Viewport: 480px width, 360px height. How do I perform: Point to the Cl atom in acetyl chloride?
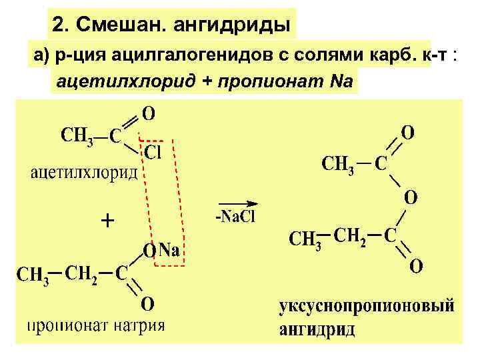coord(153,153)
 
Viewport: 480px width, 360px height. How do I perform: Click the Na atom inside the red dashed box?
coord(169,251)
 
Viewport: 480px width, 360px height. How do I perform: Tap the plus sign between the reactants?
coord(107,220)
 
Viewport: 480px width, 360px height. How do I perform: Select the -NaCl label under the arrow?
coord(235,217)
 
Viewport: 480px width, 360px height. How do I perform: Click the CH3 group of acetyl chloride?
coord(79,135)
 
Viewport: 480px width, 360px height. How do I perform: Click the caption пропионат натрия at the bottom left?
coord(95,327)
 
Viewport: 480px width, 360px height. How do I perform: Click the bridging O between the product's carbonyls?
coord(411,197)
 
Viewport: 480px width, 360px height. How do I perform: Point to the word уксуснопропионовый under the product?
coord(367,306)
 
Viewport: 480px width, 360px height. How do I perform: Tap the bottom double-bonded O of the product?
coord(415,266)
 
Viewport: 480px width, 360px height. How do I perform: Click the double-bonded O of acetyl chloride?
coord(149,113)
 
